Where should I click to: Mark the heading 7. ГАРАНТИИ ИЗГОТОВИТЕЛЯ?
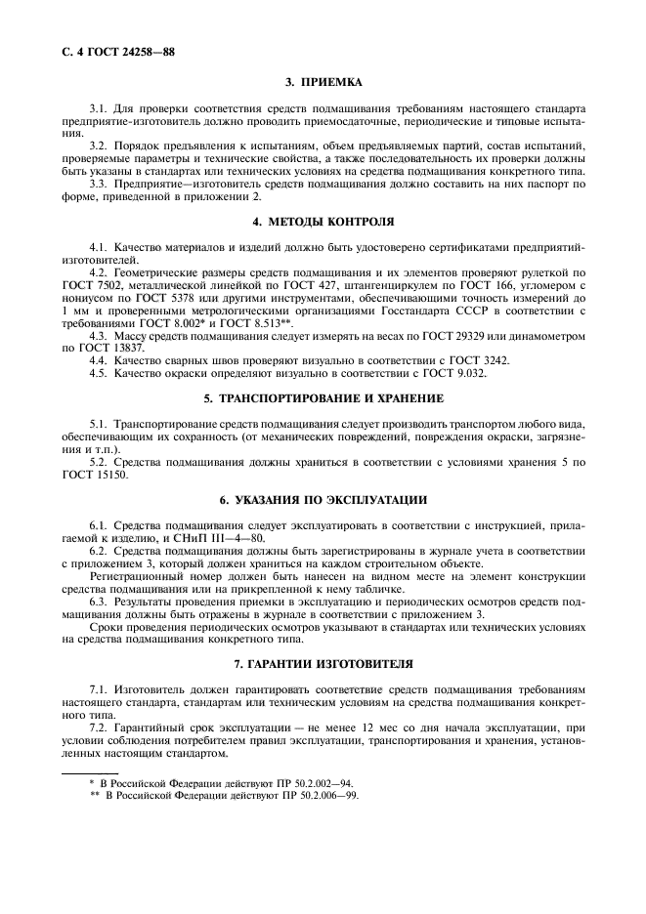click(x=323, y=664)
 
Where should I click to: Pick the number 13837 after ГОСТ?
click(x=122, y=347)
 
